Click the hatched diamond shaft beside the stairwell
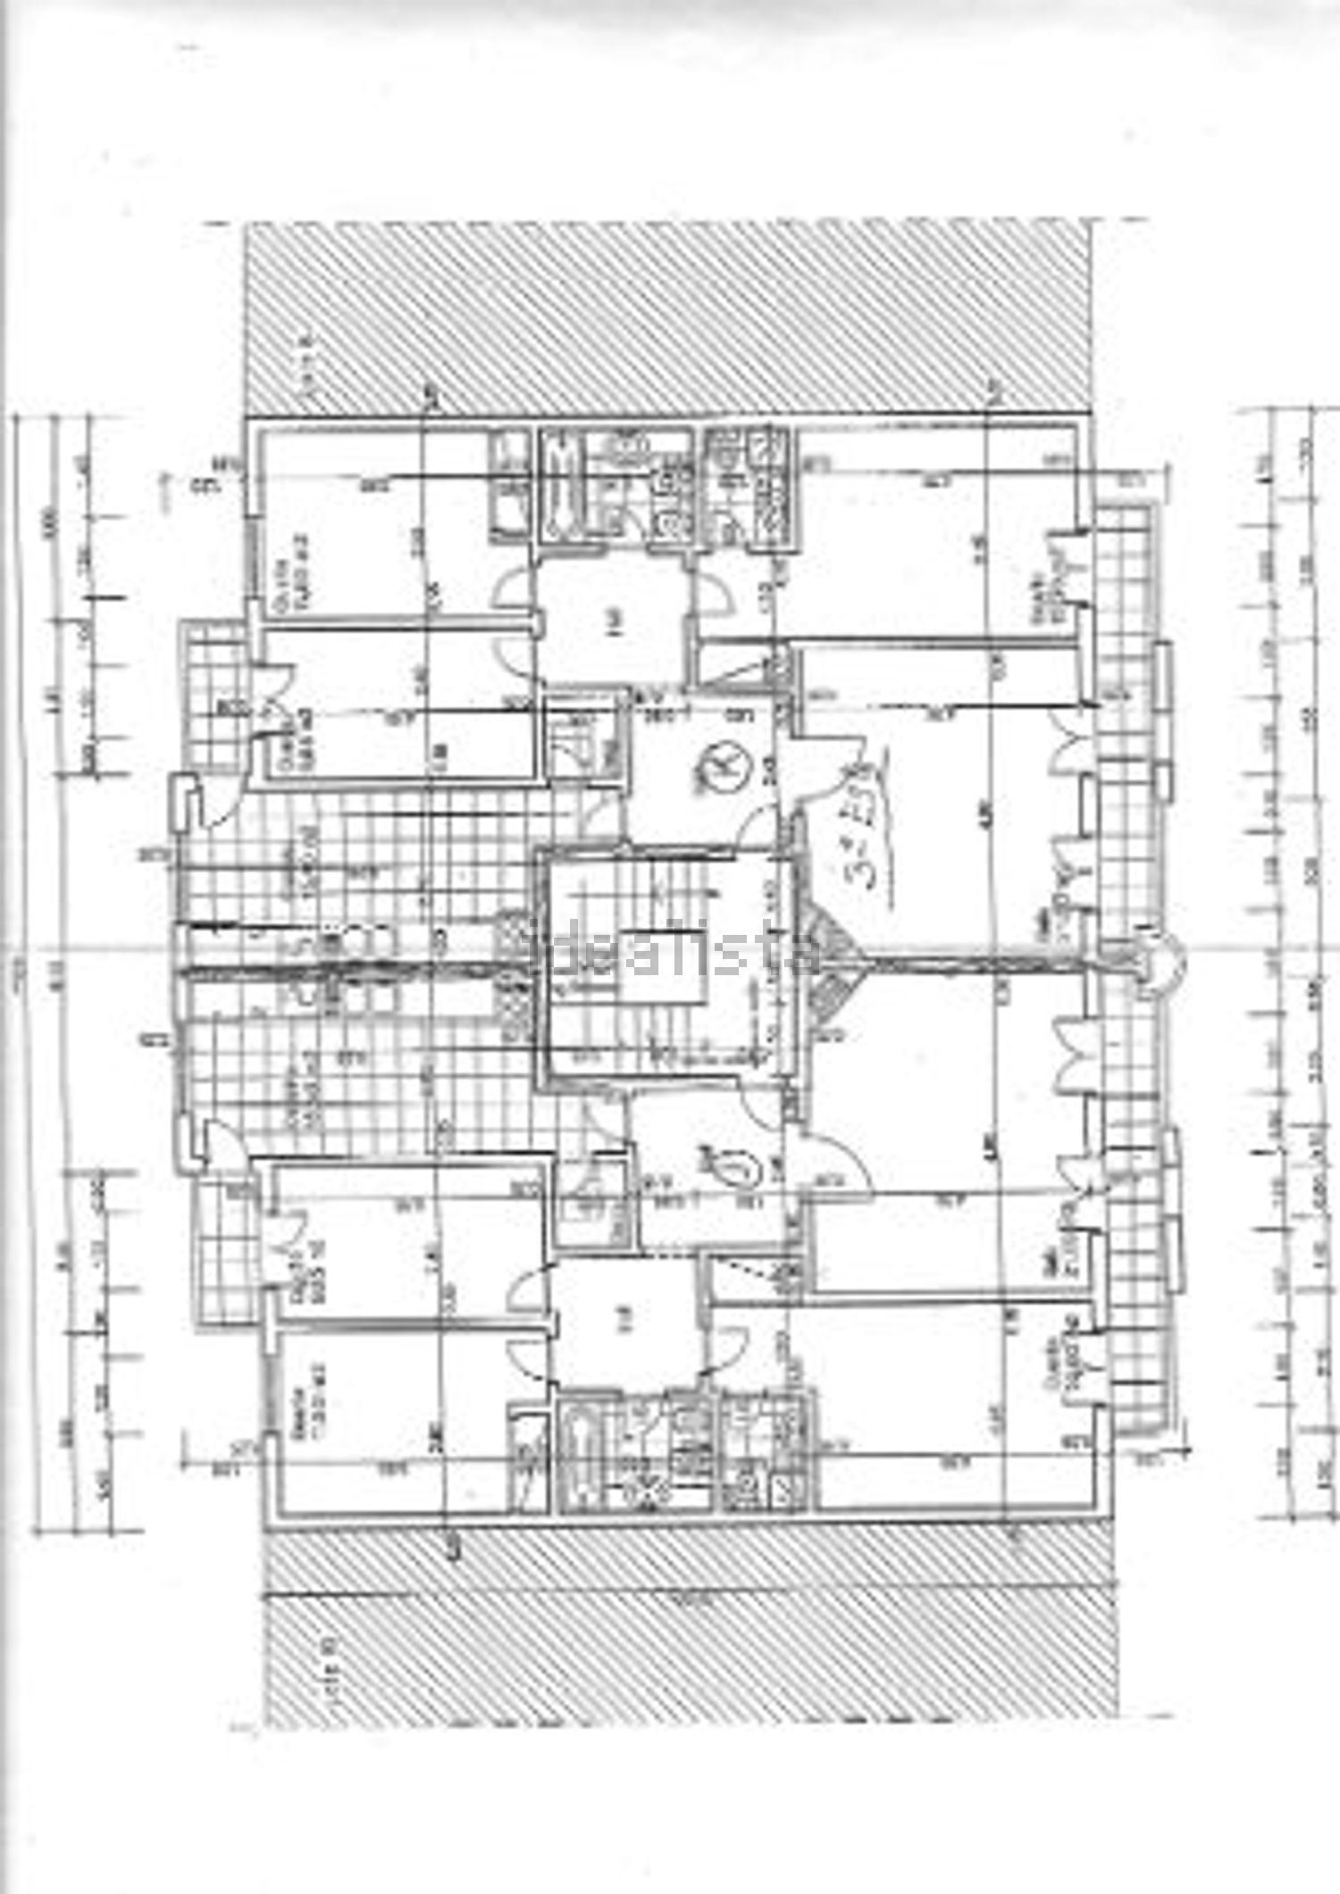[831, 961]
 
